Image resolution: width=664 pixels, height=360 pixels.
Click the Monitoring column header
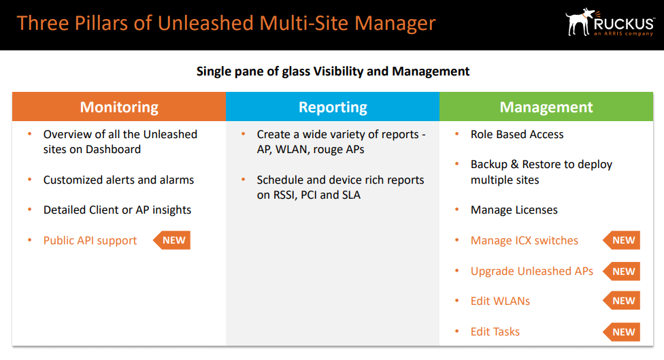point(119,107)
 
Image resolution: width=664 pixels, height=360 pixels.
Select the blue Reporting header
point(333,107)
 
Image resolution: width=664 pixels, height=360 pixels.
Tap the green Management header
point(546,107)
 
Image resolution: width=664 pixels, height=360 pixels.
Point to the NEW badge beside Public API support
point(172,240)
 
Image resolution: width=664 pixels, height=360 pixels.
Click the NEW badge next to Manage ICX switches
point(622,240)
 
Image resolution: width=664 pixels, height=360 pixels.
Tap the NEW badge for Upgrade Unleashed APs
point(622,271)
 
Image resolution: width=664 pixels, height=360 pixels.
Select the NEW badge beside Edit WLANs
point(622,301)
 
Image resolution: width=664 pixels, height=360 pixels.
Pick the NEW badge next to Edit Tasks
point(622,332)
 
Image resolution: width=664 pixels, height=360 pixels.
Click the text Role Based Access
point(517,134)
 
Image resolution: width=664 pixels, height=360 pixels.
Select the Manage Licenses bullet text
point(514,210)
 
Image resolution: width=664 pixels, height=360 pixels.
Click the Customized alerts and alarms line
point(118,180)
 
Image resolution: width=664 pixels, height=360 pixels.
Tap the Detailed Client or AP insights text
point(117,210)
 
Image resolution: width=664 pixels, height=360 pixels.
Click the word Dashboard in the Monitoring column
point(113,149)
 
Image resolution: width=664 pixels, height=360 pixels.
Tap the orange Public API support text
point(90,240)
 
